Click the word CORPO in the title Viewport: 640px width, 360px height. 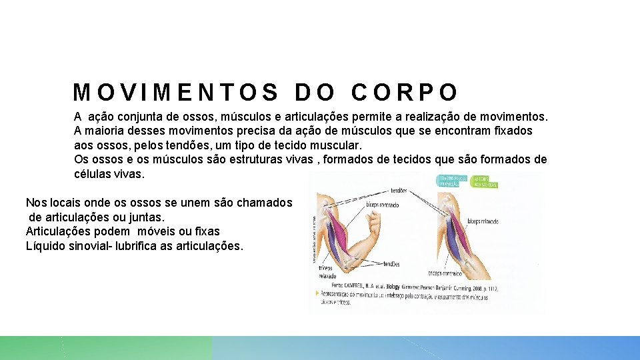[x=405, y=92]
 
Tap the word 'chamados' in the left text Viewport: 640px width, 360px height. [x=265, y=202]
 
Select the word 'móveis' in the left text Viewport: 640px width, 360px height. [x=159, y=231]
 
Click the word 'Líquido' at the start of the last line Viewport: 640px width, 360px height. [x=46, y=246]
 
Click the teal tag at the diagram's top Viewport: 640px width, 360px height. [x=453, y=181]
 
